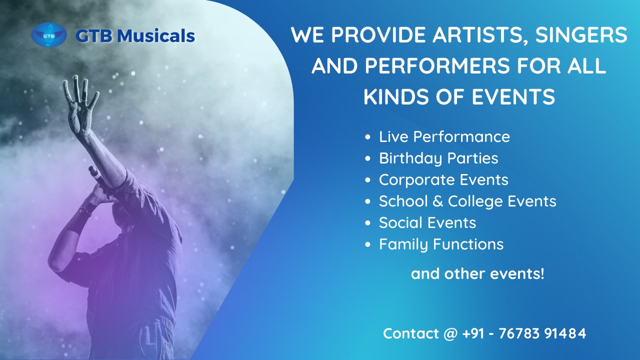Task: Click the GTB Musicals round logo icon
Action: tap(49, 35)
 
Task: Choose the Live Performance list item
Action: tap(444, 136)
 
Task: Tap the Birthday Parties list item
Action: tap(438, 158)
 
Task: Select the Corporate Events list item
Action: tap(443, 179)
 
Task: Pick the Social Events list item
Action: tap(427, 222)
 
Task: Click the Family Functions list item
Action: tap(441, 244)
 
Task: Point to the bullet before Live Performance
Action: tap(368, 137)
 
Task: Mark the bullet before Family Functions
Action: tap(368, 244)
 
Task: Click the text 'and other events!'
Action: tap(477, 273)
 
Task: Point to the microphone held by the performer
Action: tap(95, 175)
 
